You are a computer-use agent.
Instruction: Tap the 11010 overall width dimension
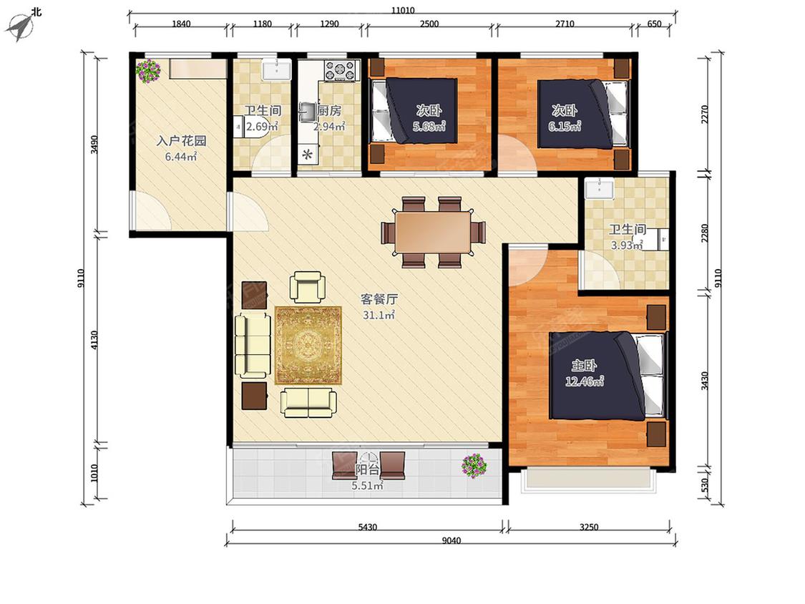pos(402,10)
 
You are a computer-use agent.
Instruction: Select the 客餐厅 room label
pos(379,299)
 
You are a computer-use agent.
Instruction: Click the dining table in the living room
pos(433,233)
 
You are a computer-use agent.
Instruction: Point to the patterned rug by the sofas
pos(308,345)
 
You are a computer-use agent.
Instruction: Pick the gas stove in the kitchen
pos(340,70)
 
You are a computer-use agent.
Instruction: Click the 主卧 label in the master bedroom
pos(584,365)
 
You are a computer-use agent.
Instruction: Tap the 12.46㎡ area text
pos(584,381)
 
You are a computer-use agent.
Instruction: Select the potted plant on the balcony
pos(474,466)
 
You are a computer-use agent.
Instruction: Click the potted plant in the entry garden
pos(148,71)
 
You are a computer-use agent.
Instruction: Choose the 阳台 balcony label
pos(368,469)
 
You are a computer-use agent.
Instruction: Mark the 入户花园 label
pos(181,141)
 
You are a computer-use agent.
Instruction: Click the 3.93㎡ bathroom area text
pos(626,245)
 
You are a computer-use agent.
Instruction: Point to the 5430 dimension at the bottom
pos(367,527)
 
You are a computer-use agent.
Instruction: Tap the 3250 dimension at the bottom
pos(589,527)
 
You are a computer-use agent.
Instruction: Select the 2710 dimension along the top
pos(565,24)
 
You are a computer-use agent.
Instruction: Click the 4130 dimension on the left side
pos(94,341)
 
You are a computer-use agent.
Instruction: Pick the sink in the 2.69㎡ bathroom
pos(277,69)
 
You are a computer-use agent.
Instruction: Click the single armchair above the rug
pos(308,287)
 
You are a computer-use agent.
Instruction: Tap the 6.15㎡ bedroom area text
pos(565,127)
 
